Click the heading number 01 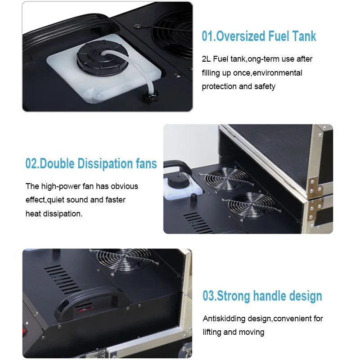(x=207, y=36)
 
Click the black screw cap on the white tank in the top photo (x=102, y=58)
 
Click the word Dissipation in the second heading (x=105, y=163)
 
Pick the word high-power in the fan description (x=61, y=186)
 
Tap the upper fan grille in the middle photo (x=226, y=178)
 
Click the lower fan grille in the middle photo (x=252, y=204)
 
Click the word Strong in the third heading (x=233, y=296)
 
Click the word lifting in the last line (x=211, y=332)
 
